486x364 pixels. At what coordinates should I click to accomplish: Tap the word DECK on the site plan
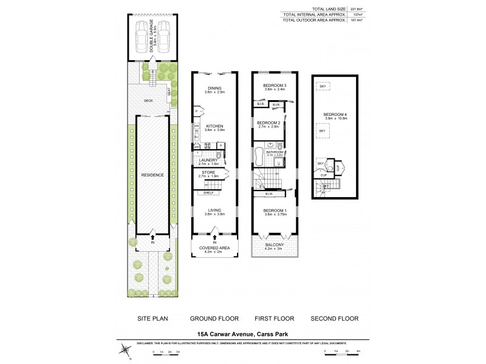pyautogui.click(x=148, y=101)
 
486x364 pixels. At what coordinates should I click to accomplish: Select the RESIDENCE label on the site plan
pyautogui.click(x=152, y=175)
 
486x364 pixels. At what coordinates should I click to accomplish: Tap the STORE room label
pyautogui.click(x=208, y=172)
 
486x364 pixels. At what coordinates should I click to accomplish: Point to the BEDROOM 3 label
pyautogui.click(x=274, y=85)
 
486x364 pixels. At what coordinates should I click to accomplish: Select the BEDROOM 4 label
pyautogui.click(x=335, y=114)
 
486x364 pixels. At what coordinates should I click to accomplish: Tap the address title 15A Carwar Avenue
pyautogui.click(x=242, y=333)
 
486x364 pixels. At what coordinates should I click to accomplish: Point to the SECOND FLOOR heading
pyautogui.click(x=334, y=318)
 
